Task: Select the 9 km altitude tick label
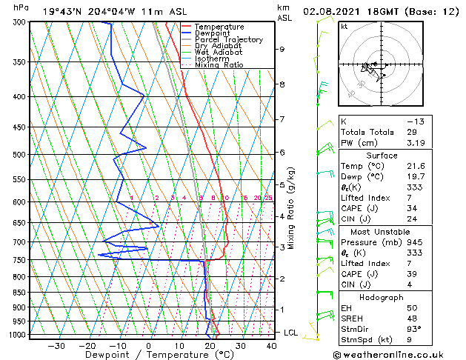tap(282, 49)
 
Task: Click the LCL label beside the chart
tap(291, 333)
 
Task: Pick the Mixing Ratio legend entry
tap(219, 64)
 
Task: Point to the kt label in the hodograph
tap(344, 27)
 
